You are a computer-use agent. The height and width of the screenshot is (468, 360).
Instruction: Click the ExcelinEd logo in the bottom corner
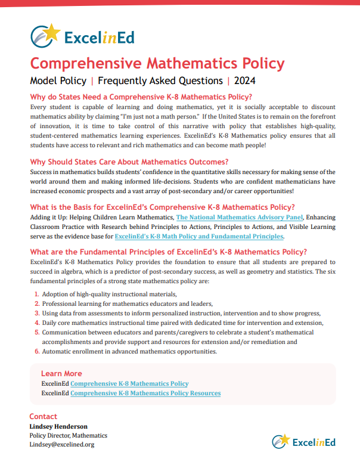[x=303, y=442]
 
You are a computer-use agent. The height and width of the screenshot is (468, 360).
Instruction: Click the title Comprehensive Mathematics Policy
[x=157, y=63]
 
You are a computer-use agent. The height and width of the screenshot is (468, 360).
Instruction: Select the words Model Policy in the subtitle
[x=57, y=80]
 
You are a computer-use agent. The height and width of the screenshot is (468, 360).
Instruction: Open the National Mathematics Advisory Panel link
[x=240, y=218]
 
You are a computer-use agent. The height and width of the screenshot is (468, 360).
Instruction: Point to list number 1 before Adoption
[x=36, y=295]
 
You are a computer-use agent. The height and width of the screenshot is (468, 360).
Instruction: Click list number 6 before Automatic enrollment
[x=36, y=352]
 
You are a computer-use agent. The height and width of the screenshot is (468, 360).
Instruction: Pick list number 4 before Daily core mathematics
[x=36, y=323]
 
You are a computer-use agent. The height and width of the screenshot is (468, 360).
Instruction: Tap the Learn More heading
[x=61, y=374]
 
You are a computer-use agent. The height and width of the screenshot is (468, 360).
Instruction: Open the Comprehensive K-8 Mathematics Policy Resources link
[x=145, y=393]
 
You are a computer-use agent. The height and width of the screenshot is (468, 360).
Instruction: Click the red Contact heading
[x=44, y=417]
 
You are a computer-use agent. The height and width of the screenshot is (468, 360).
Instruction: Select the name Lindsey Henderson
[x=58, y=426]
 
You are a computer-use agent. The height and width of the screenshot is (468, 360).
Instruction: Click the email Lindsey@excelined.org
[x=62, y=444]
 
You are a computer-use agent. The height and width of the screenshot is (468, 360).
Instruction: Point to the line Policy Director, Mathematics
[x=69, y=435]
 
